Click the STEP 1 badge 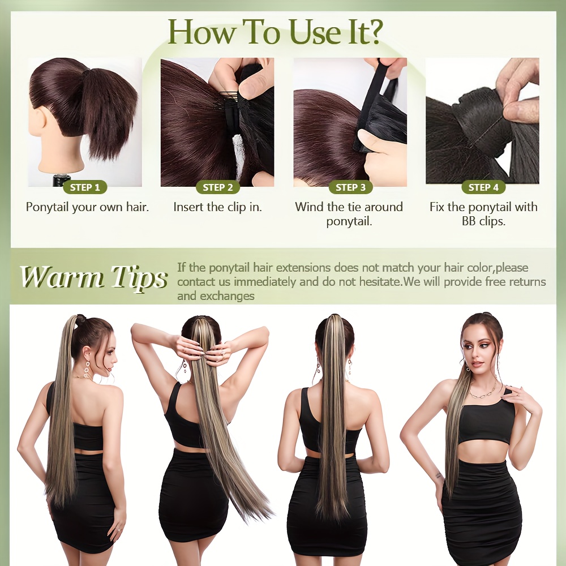click(x=85, y=187)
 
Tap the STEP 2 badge click(x=218, y=187)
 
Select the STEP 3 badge click(x=350, y=187)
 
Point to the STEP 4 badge click(x=483, y=187)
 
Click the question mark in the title click(x=372, y=32)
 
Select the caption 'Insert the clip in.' click(x=217, y=207)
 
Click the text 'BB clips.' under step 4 click(x=484, y=221)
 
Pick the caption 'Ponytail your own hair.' click(x=87, y=207)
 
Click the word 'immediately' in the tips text click(x=265, y=281)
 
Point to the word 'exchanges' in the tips click(x=227, y=296)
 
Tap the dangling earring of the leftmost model click(x=87, y=368)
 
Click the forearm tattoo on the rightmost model click(x=438, y=475)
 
